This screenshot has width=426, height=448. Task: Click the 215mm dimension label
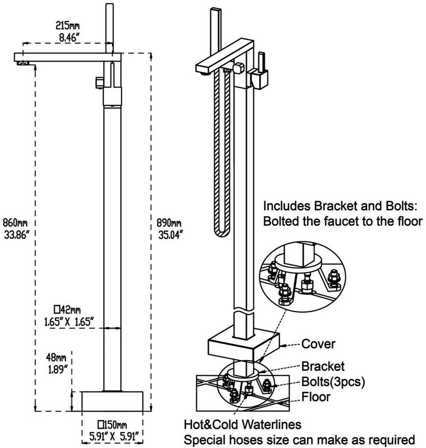67,26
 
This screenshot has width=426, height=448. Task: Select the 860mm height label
15,223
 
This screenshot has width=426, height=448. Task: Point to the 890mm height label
169,223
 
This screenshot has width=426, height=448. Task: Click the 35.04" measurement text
170,235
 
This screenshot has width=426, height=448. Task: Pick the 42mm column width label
67,310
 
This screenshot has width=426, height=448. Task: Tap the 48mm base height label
57,358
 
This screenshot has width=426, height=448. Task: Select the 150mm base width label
112,425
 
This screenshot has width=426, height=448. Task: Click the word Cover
318,344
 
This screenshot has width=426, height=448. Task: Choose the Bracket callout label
323,366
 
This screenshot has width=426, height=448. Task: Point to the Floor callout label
316,397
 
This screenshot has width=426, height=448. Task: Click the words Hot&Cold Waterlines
242,424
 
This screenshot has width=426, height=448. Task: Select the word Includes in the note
287,206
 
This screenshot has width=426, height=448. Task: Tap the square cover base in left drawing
112,401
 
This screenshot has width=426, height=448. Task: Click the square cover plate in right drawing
244,347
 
